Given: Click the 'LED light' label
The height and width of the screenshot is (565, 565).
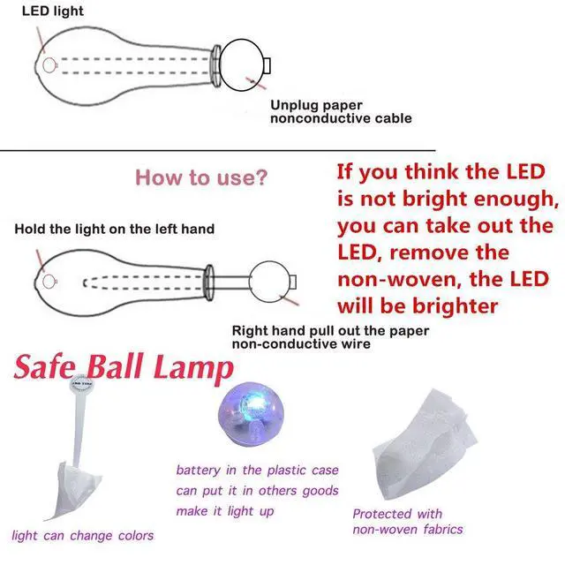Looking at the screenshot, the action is [x=53, y=11].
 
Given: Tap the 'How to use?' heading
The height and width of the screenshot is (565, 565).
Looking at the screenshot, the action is [x=201, y=177].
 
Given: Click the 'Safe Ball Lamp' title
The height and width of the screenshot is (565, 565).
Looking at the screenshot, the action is [x=124, y=367].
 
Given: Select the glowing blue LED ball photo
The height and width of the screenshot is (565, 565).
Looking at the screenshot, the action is [x=251, y=414].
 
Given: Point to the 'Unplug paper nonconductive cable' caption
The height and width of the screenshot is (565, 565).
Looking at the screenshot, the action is [x=341, y=112].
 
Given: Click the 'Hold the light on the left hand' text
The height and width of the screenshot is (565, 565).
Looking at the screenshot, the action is [x=114, y=230].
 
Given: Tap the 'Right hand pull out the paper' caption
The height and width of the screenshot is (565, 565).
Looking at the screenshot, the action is [x=330, y=331].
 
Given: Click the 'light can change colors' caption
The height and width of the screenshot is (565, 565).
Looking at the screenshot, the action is [x=82, y=536].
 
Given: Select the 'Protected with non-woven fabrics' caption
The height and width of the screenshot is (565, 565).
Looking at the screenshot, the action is [x=408, y=522].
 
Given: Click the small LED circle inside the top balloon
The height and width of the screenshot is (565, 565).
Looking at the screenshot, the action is [x=49, y=65].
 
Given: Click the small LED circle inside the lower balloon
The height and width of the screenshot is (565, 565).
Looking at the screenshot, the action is [x=49, y=282].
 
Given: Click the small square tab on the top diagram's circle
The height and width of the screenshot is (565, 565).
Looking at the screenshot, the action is [x=267, y=65].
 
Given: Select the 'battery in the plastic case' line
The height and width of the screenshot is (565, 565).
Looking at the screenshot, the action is [x=257, y=471].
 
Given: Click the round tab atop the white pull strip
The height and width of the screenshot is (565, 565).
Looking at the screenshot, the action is [x=82, y=384].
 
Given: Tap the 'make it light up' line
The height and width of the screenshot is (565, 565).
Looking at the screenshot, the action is [x=225, y=511].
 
